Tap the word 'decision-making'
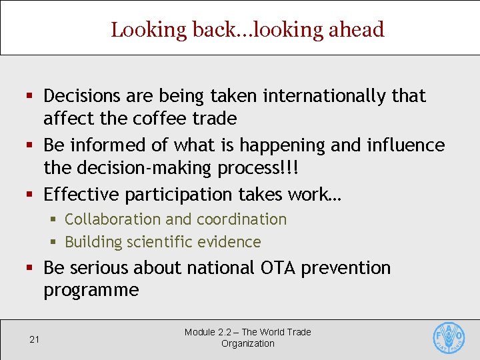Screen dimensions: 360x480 click(x=147, y=167)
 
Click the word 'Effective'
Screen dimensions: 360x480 click(x=80, y=194)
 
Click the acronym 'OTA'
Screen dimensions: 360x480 click(x=276, y=268)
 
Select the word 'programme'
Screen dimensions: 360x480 click(x=91, y=291)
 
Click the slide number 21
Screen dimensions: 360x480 click(x=35, y=339)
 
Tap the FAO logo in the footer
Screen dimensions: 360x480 click(x=449, y=337)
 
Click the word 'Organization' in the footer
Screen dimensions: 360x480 click(x=247, y=343)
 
